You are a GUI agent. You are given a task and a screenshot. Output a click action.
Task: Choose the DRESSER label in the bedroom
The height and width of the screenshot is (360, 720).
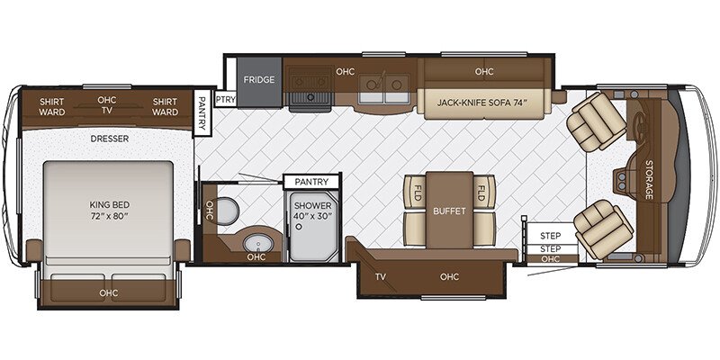109,139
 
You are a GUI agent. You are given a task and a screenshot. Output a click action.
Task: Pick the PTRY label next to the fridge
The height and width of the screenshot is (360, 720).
225,99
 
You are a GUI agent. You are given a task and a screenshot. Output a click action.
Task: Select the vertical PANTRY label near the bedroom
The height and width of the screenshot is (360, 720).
202,114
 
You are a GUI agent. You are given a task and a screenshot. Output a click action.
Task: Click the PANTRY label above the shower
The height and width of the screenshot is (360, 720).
312,182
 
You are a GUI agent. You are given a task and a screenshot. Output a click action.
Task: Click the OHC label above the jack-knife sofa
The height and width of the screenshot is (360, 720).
484,71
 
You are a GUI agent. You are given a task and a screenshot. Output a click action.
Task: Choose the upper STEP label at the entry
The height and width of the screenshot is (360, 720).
550,235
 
